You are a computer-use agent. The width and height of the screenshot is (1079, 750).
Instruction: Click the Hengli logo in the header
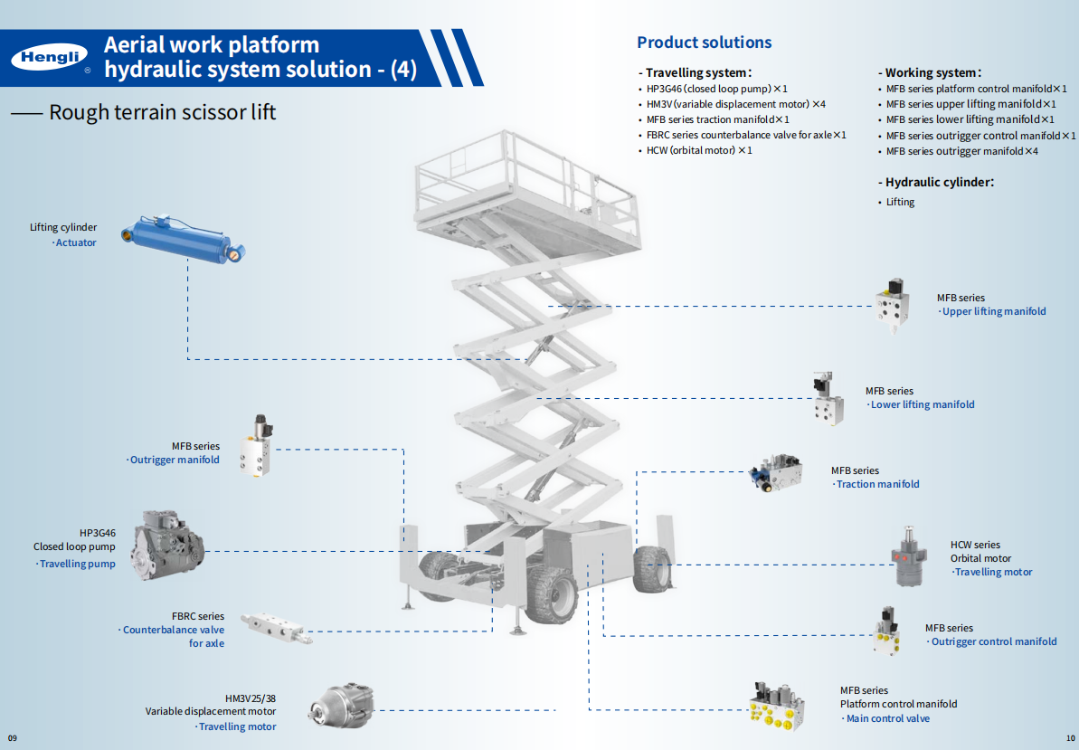[50, 58]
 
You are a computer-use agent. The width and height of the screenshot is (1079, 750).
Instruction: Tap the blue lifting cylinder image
[185, 238]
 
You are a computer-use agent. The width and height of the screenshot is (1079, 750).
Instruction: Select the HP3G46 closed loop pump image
[166, 546]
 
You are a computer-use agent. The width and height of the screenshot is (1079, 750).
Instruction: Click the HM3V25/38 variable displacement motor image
[342, 705]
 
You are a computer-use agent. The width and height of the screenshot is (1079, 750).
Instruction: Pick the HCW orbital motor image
[910, 556]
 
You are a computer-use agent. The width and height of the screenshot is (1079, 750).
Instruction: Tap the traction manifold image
[777, 473]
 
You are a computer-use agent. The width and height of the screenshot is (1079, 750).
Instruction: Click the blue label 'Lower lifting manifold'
[922, 404]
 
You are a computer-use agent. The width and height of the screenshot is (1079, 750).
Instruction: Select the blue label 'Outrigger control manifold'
[993, 641]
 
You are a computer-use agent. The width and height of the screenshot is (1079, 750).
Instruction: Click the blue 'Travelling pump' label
[77, 564]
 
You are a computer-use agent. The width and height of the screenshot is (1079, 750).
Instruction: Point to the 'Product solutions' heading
[704, 43]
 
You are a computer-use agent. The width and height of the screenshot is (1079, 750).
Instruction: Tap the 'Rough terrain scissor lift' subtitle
[162, 112]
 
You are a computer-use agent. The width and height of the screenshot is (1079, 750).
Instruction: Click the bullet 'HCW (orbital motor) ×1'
[699, 150]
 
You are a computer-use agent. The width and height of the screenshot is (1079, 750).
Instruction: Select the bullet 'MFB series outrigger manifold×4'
[961, 151]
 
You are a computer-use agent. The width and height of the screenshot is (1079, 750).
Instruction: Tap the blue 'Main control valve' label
[887, 718]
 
